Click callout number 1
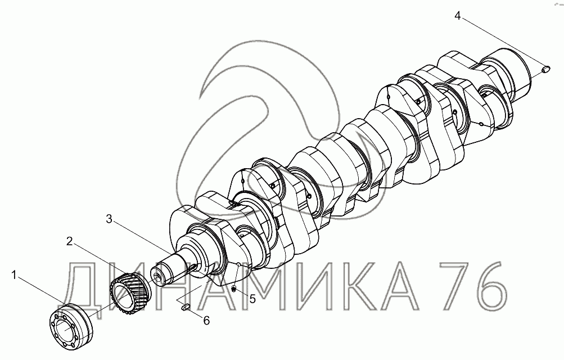pyautogui.click(x=14, y=276)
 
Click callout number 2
pyautogui.click(x=70, y=241)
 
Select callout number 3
pyautogui.click(x=109, y=219)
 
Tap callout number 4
pyautogui.click(x=458, y=16)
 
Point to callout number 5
pyautogui.click(x=252, y=299)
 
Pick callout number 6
pyautogui.click(x=206, y=321)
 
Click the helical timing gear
pyautogui.click(x=130, y=292)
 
